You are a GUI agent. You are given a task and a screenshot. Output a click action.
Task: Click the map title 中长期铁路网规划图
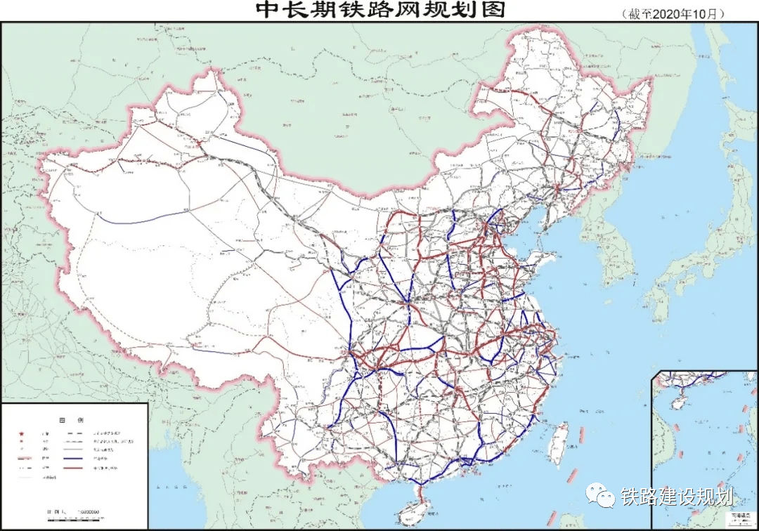379,11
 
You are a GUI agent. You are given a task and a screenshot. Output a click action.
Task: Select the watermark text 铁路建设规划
677,497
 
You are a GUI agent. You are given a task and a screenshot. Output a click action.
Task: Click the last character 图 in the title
494,11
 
